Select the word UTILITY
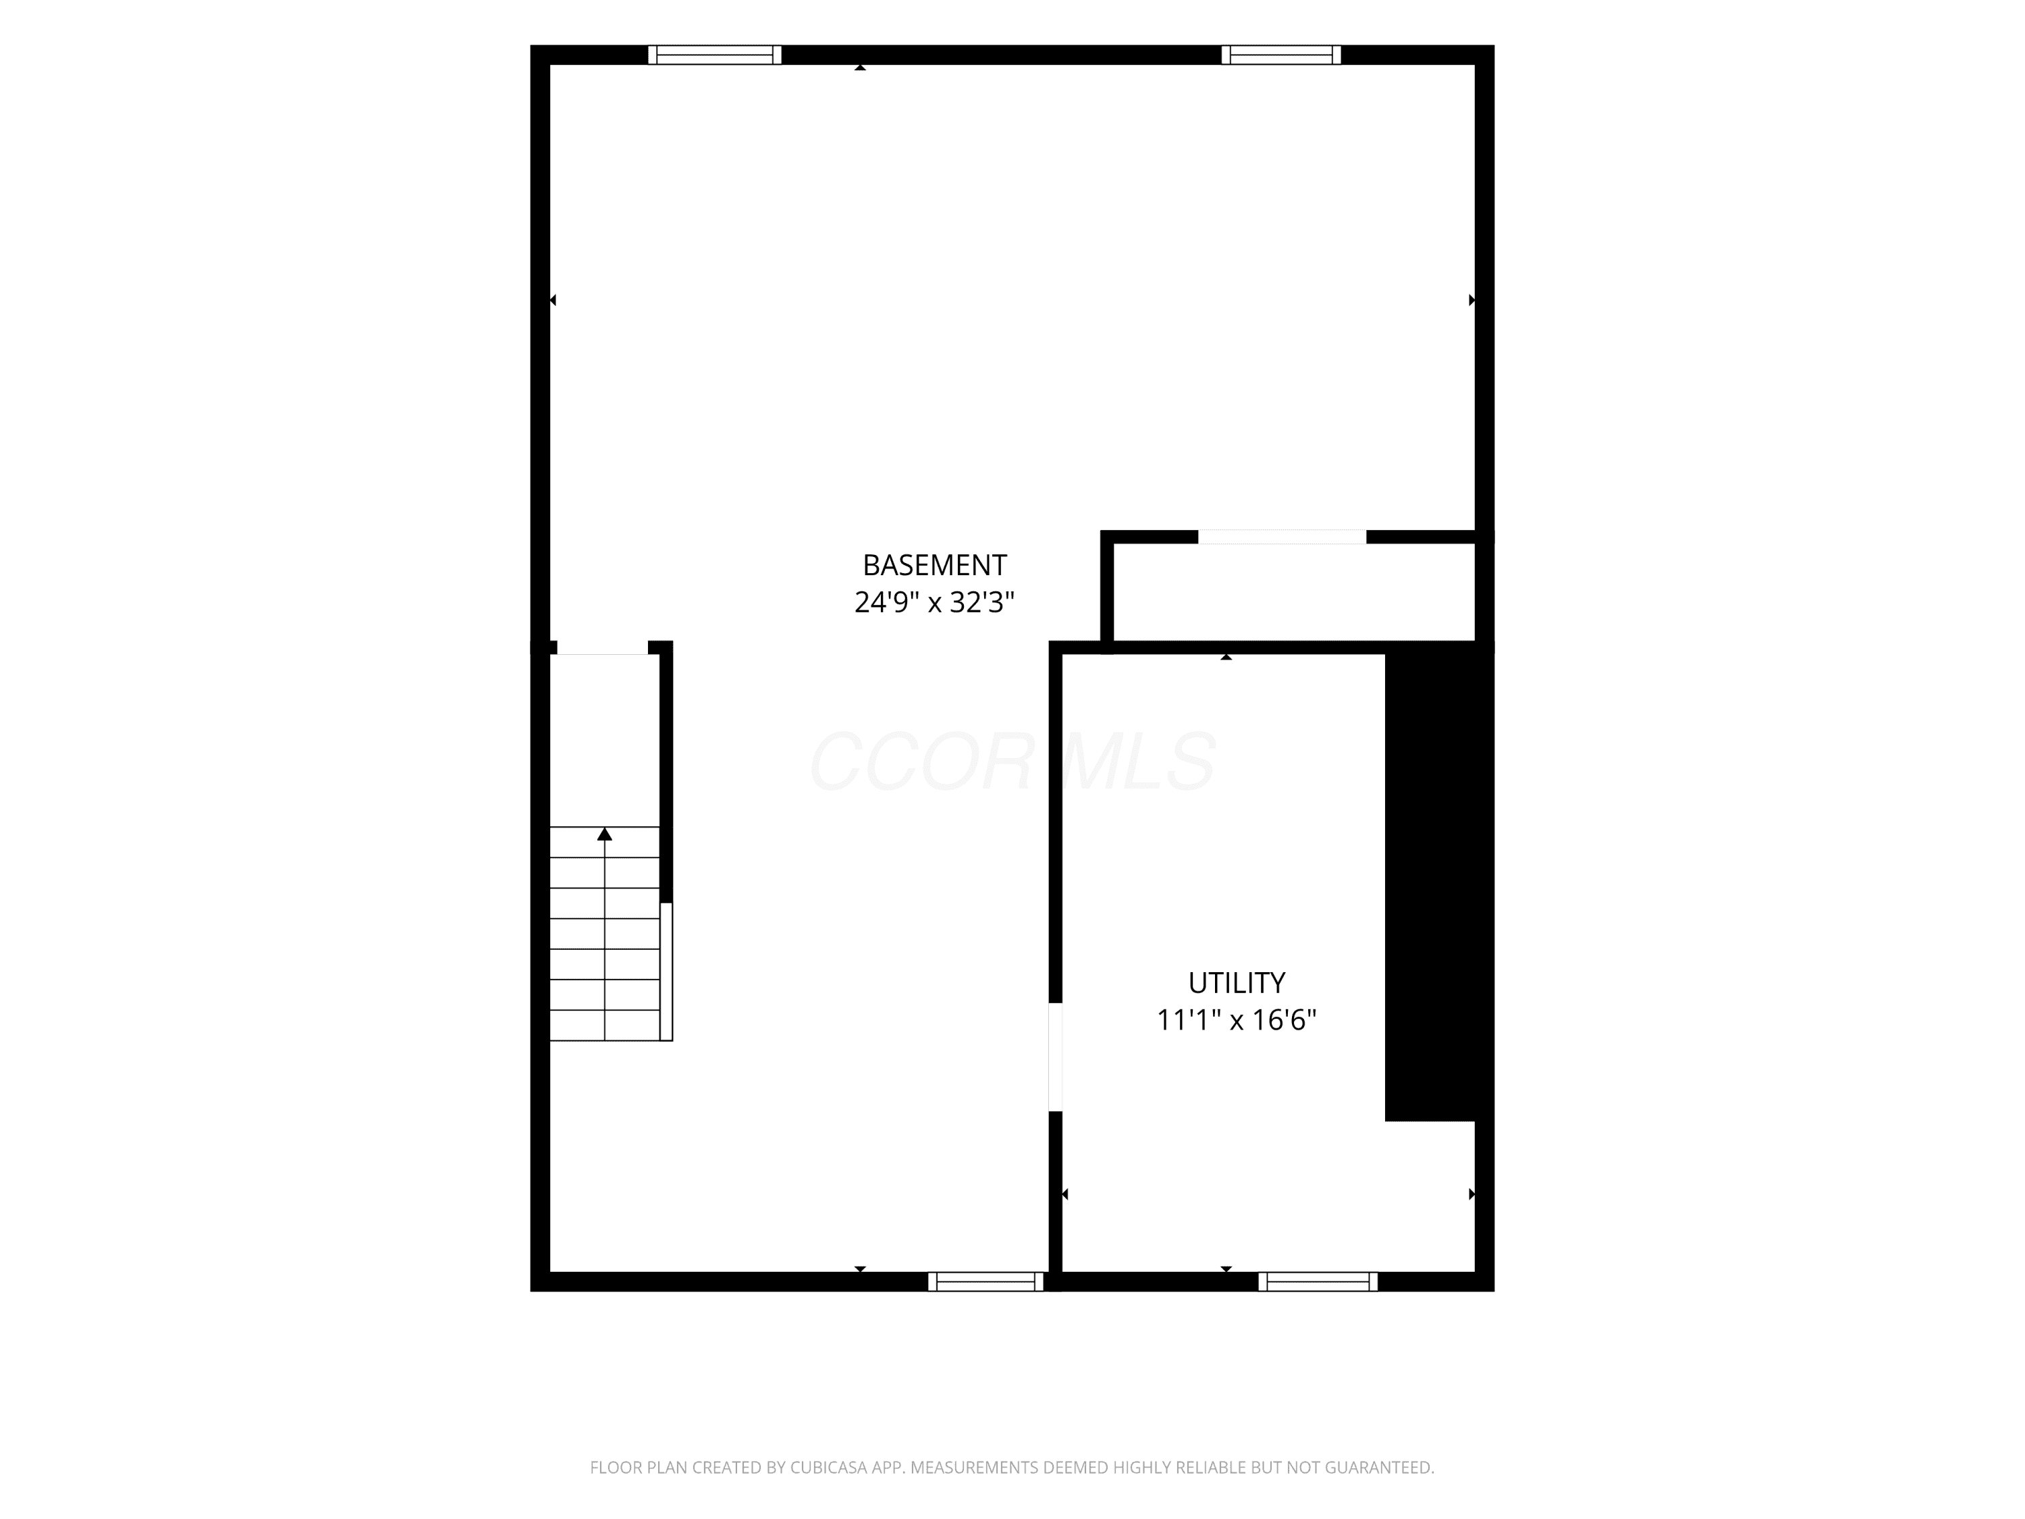(1237, 982)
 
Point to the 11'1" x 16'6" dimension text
(1237, 1020)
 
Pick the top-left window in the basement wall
(715, 55)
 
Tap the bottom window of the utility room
(1318, 1282)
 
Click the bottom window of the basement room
(986, 1282)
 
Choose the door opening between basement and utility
(1056, 1057)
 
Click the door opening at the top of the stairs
(602, 648)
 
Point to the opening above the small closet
(1282, 537)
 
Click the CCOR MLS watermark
(1013, 761)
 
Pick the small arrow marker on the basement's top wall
(860, 68)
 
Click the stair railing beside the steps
(666, 971)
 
